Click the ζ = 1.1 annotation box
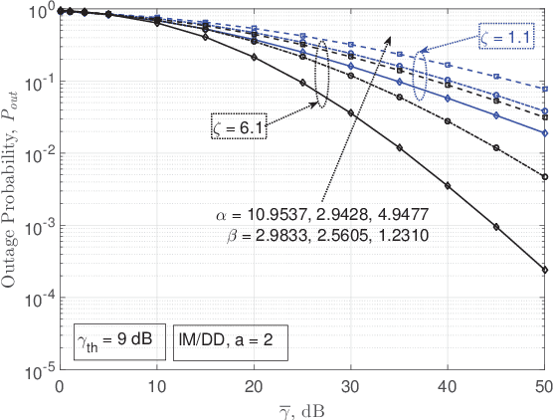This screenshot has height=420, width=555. pos(507,37)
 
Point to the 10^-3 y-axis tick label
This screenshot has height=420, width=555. pos(40,227)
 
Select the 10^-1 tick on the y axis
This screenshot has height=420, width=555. pos(40,83)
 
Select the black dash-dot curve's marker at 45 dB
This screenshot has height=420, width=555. pos(496,147)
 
